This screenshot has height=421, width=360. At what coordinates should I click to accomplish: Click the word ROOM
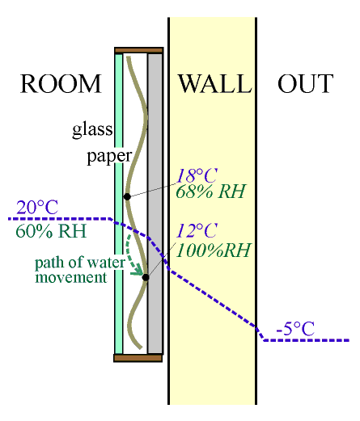(x=61, y=83)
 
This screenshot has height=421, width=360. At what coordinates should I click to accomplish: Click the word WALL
(x=215, y=83)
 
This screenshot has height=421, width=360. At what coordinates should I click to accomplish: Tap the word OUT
(x=306, y=83)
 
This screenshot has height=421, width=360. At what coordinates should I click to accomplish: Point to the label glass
(x=92, y=130)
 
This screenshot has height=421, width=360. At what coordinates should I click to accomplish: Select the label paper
(x=109, y=157)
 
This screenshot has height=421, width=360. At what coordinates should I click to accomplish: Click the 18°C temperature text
(x=197, y=176)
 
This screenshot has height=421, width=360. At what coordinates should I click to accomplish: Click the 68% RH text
(x=211, y=192)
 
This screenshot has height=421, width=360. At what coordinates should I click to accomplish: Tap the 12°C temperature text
(x=197, y=230)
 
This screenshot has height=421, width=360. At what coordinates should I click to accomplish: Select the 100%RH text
(x=214, y=250)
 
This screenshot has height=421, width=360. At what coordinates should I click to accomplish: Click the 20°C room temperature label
(x=37, y=208)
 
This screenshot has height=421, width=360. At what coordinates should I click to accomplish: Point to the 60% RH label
(x=51, y=231)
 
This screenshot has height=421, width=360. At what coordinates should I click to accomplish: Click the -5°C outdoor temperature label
(x=295, y=328)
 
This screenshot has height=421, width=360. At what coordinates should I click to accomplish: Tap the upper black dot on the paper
(x=127, y=197)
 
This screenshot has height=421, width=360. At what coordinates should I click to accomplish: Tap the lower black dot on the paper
(x=146, y=277)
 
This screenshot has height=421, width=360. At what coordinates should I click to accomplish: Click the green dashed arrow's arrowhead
(x=138, y=271)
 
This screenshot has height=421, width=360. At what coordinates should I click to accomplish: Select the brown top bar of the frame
(x=139, y=50)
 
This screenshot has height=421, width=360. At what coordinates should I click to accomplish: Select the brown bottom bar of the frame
(x=138, y=358)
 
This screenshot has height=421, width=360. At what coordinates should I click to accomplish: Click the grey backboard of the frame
(x=155, y=204)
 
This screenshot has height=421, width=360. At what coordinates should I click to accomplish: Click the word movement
(x=71, y=277)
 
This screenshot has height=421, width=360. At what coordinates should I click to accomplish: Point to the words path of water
(x=80, y=263)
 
